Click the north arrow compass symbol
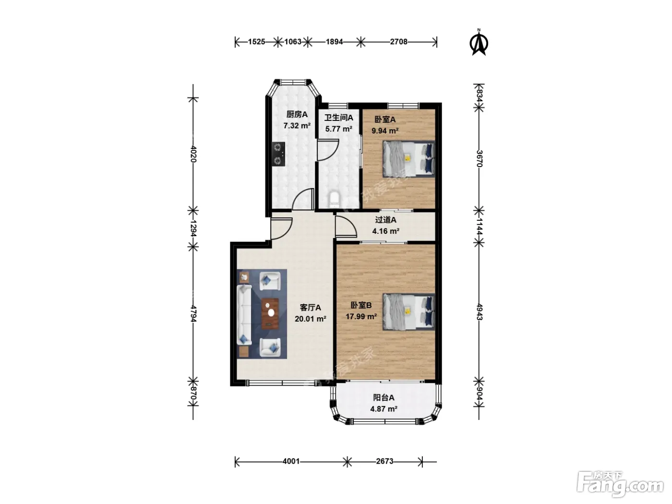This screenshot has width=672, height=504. tap(479, 43)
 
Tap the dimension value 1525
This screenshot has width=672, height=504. tap(256, 42)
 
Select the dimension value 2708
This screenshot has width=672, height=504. tap(398, 42)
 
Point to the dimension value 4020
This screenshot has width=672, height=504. tap(193, 154)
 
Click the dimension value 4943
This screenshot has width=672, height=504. tap(480, 312)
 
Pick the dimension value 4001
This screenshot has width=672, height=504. tap(291, 461)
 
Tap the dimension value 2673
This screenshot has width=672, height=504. tap(384, 461)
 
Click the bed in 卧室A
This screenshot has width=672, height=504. tap(408, 159)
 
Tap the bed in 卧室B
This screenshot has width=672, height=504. tap(408, 312)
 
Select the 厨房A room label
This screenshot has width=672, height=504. tap(297, 114)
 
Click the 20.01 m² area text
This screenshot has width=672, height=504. tap(311, 319)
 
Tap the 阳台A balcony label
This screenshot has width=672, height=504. tap(384, 397)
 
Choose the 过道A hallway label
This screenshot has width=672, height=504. tap(386, 220)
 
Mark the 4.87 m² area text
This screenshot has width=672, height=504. tap(384, 409)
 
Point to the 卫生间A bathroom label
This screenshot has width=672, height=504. tap(338, 118)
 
